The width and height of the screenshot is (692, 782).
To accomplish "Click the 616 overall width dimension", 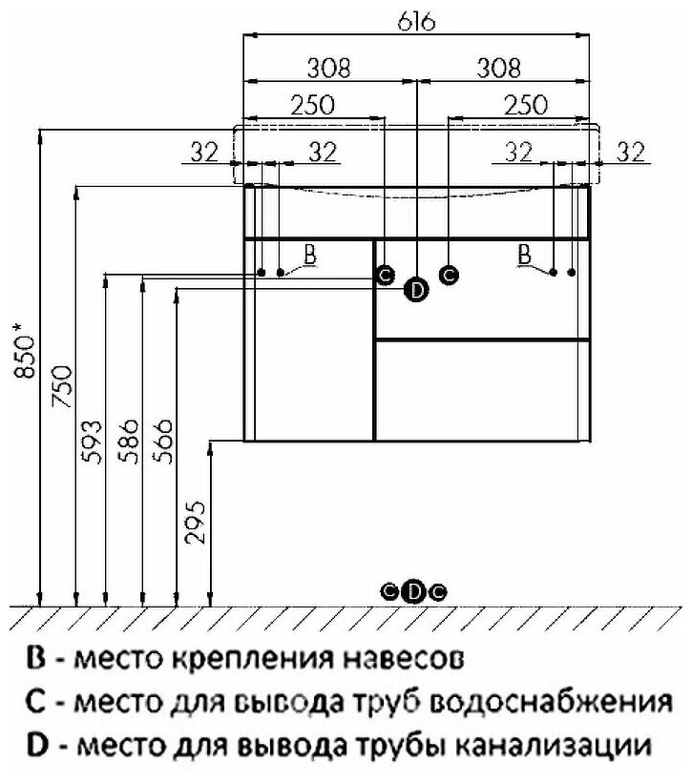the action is coord(417,23).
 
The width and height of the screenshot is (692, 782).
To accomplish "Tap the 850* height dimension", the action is coord(28,357).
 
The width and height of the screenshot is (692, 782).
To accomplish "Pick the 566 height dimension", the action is coord(164,441).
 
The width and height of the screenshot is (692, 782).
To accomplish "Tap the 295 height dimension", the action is coord(196,524).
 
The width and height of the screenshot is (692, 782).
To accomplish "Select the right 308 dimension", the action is coord(499,69).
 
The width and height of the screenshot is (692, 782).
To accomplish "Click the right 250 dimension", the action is coord(524,104).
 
